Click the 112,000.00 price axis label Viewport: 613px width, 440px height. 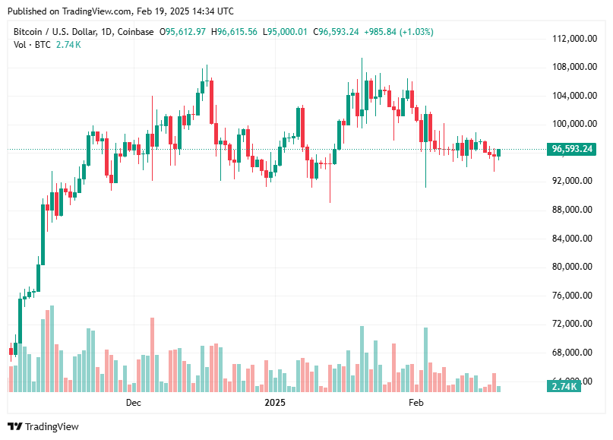(x=573, y=38)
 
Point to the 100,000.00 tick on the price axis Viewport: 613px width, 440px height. (x=573, y=124)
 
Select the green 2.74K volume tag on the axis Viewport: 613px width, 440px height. (x=564, y=387)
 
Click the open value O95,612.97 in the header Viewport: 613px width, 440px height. (x=182, y=32)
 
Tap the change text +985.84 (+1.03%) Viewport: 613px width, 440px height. (x=400, y=32)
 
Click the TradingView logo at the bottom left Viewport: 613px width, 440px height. (x=43, y=427)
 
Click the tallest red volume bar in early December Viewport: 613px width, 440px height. (x=153, y=354)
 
